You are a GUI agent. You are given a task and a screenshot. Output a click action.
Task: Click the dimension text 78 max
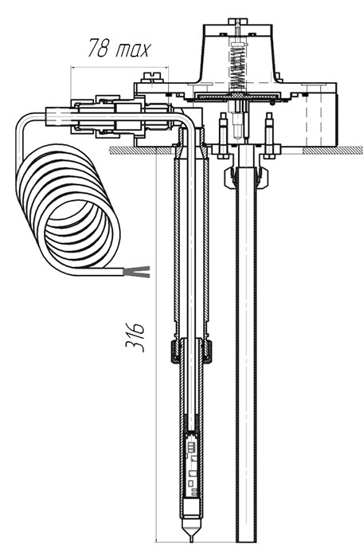pyautogui.click(x=119, y=48)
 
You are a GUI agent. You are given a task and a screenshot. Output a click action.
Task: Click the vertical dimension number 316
pyautogui.click(x=135, y=337)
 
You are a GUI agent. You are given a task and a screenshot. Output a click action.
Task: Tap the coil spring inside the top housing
pyautogui.click(x=238, y=67)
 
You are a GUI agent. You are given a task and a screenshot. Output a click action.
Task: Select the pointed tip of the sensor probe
pyautogui.click(x=191, y=538)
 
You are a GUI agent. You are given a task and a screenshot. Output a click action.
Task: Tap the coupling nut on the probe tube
pyautogui.click(x=191, y=352)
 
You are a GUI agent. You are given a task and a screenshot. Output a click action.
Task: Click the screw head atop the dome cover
pyautogui.click(x=237, y=22)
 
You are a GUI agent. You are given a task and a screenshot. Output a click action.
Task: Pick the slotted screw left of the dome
pyautogui.click(x=152, y=77)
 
